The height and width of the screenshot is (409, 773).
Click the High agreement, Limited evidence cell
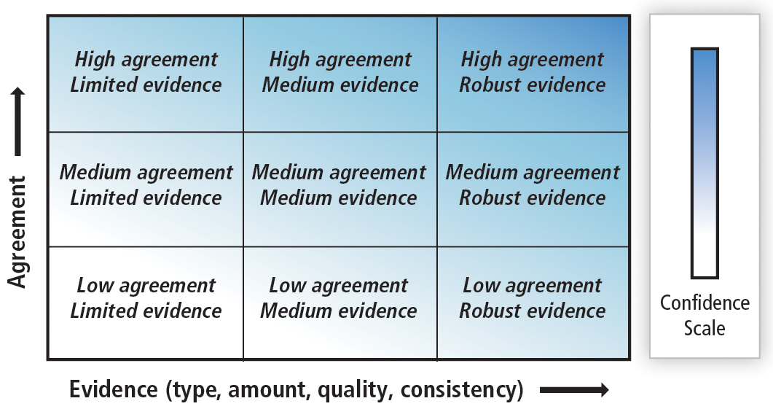coord(146,74)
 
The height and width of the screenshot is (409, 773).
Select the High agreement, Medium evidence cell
coord(340,74)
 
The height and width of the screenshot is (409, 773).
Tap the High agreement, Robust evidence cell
coord(533,74)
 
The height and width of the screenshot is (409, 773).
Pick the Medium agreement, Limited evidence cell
coord(146,190)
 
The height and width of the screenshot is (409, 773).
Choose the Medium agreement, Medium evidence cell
coord(340,190)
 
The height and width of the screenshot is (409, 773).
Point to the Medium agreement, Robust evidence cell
coord(533,190)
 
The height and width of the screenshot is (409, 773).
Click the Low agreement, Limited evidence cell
coord(146,303)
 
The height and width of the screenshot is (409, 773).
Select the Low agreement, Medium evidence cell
coord(340,303)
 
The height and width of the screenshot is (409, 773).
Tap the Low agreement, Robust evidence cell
coord(533,303)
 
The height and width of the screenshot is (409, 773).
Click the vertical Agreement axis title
coord(17,231)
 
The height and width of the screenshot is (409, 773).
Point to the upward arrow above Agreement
coord(17,121)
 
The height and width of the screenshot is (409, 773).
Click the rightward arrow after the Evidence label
coord(574,390)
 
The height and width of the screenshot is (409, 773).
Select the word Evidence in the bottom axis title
coord(114,389)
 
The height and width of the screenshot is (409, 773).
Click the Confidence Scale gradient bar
coord(705,163)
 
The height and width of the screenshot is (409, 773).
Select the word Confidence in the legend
coord(705,303)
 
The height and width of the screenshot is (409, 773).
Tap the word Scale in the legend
coord(705,328)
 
